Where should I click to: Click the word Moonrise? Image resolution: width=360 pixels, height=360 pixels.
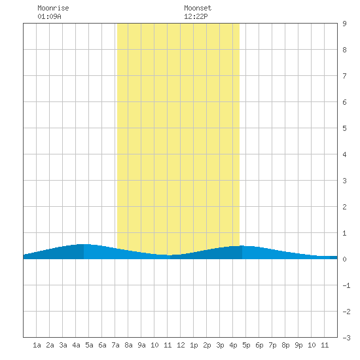[x=53, y=8]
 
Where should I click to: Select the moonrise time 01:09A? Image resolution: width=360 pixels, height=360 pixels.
[x=49, y=16]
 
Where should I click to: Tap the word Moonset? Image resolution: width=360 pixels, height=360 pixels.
[x=198, y=8]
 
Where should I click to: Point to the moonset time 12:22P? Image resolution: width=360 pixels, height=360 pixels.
[x=196, y=16]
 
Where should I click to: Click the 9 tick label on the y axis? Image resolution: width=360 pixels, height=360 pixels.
[x=344, y=24]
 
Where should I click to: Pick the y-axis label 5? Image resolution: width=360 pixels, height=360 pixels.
[x=344, y=128]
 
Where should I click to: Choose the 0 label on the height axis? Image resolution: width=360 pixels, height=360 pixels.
[x=344, y=259]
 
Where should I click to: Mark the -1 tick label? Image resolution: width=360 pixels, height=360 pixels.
[x=346, y=285]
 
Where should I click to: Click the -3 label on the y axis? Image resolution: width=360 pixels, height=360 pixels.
[x=346, y=338]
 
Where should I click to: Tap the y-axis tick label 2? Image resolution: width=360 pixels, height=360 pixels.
[x=344, y=207]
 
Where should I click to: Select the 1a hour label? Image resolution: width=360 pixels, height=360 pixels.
[x=37, y=345]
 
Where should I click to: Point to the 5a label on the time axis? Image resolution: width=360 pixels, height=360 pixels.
[x=89, y=345]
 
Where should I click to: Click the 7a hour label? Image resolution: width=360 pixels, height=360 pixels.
[x=115, y=345]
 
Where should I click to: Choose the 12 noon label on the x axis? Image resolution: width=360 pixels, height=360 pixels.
[x=181, y=345]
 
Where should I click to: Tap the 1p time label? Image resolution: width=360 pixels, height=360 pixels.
[x=194, y=345]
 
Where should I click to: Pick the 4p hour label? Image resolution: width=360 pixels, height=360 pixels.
[x=233, y=345]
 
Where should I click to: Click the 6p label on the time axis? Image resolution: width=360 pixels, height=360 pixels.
[x=259, y=345]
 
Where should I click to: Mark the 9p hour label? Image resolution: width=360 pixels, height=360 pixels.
[x=298, y=345]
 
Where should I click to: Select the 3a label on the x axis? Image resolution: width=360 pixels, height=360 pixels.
[x=63, y=345]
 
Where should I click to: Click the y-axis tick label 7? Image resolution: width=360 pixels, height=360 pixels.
[x=344, y=76]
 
